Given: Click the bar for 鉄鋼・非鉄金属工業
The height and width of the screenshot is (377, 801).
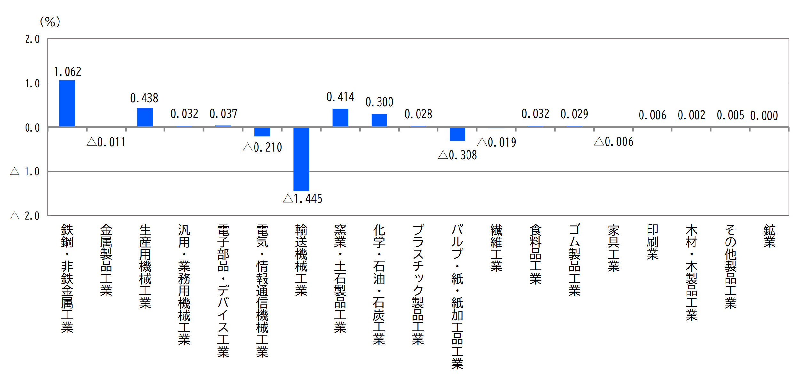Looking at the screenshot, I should coord(67,103).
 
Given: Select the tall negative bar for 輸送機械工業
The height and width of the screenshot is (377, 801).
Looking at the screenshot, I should coord(301,159).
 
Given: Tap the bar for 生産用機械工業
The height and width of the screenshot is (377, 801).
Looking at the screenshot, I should coord(145,117).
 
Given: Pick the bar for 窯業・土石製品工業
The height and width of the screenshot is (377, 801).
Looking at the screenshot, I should coord(340,118).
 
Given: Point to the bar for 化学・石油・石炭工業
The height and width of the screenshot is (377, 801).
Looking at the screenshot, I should coord(379,120).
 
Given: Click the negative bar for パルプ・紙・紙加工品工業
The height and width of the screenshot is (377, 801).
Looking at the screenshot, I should coord(457,134).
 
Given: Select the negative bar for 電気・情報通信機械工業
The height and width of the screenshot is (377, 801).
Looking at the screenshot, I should coord(262,132).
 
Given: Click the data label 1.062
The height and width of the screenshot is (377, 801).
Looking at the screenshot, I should coord(67,72).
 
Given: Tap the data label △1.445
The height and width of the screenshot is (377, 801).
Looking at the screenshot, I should coord(302,199).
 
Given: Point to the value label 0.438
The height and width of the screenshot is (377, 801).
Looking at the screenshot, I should coord(144,98).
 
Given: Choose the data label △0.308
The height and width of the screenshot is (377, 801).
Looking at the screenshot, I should coord(458,155).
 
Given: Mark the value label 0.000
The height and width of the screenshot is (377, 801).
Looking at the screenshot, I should coord(764,116).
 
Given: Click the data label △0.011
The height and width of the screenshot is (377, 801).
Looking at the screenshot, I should coord(106,142).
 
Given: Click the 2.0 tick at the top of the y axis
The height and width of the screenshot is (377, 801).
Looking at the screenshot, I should coord(32,39).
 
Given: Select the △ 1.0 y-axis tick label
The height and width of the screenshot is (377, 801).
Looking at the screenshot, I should coord(25,172).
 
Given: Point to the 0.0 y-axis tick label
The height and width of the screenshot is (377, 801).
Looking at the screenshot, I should coord(32,128).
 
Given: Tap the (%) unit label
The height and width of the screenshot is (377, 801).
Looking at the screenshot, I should coord(50,22).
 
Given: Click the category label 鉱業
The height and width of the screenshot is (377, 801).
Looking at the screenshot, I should coord(769,236).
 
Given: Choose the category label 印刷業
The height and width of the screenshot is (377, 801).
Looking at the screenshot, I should coord(652,242).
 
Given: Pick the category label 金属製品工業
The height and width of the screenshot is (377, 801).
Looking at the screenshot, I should coord(106,260).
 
